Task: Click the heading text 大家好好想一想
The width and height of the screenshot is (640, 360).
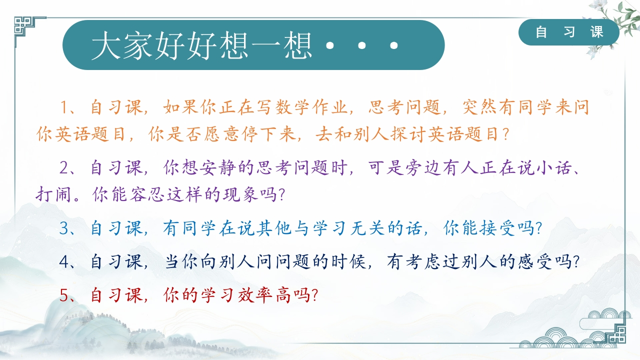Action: [201, 45]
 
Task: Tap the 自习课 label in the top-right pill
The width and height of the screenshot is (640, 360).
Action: [569, 31]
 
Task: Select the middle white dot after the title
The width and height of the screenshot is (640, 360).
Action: [361, 45]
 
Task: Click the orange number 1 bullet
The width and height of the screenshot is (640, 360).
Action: [64, 107]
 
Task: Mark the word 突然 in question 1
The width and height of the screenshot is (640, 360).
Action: [479, 107]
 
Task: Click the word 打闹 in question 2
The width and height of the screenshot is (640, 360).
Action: [53, 194]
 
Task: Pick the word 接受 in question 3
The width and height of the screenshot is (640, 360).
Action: [497, 228]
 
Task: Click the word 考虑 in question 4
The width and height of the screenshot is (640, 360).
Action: [423, 261]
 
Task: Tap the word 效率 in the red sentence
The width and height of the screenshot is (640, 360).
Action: [255, 294]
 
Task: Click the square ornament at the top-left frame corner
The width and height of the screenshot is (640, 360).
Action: [22, 25]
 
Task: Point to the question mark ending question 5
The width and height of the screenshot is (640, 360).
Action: [315, 294]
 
